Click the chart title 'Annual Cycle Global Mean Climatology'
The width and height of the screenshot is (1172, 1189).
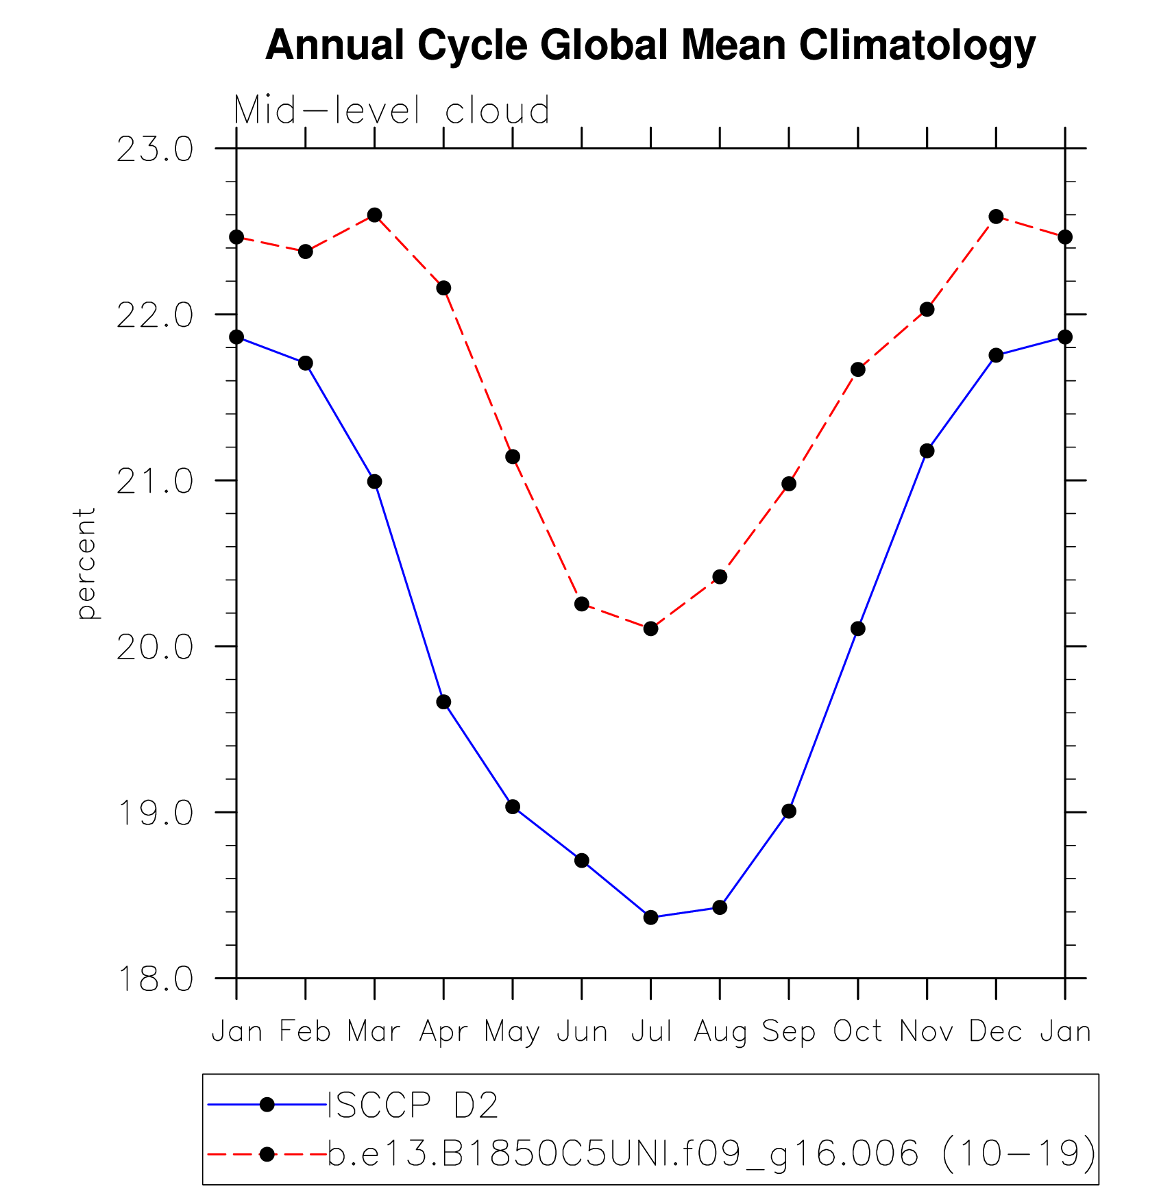coord(650,46)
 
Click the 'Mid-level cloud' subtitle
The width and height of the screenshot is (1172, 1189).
coord(391,110)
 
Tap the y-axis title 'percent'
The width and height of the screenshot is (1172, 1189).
coord(86,563)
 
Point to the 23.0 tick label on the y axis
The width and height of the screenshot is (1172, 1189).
coord(155,149)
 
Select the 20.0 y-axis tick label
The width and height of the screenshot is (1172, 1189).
coord(155,647)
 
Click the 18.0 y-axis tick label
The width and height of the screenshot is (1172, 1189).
coord(155,979)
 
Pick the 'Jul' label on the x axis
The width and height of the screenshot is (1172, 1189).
coord(650,1031)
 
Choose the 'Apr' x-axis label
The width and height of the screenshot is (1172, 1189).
coord(443,1031)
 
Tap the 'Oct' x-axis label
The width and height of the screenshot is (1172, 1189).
coord(857,1031)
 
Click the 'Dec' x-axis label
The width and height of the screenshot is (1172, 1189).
coord(995,1031)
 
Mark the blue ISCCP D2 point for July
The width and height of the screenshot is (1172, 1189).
coord(650,917)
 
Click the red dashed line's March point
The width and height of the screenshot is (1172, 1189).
coord(374,215)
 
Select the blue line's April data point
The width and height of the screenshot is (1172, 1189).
coord(443,702)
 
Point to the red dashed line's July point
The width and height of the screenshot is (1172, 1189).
coord(650,628)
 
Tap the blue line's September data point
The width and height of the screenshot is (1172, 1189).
coord(789,811)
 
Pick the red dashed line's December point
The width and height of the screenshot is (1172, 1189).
coord(996,217)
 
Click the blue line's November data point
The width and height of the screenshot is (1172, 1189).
coord(927,450)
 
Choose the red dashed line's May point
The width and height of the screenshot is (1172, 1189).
coord(513,456)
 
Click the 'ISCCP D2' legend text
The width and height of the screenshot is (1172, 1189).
coord(413,1105)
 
